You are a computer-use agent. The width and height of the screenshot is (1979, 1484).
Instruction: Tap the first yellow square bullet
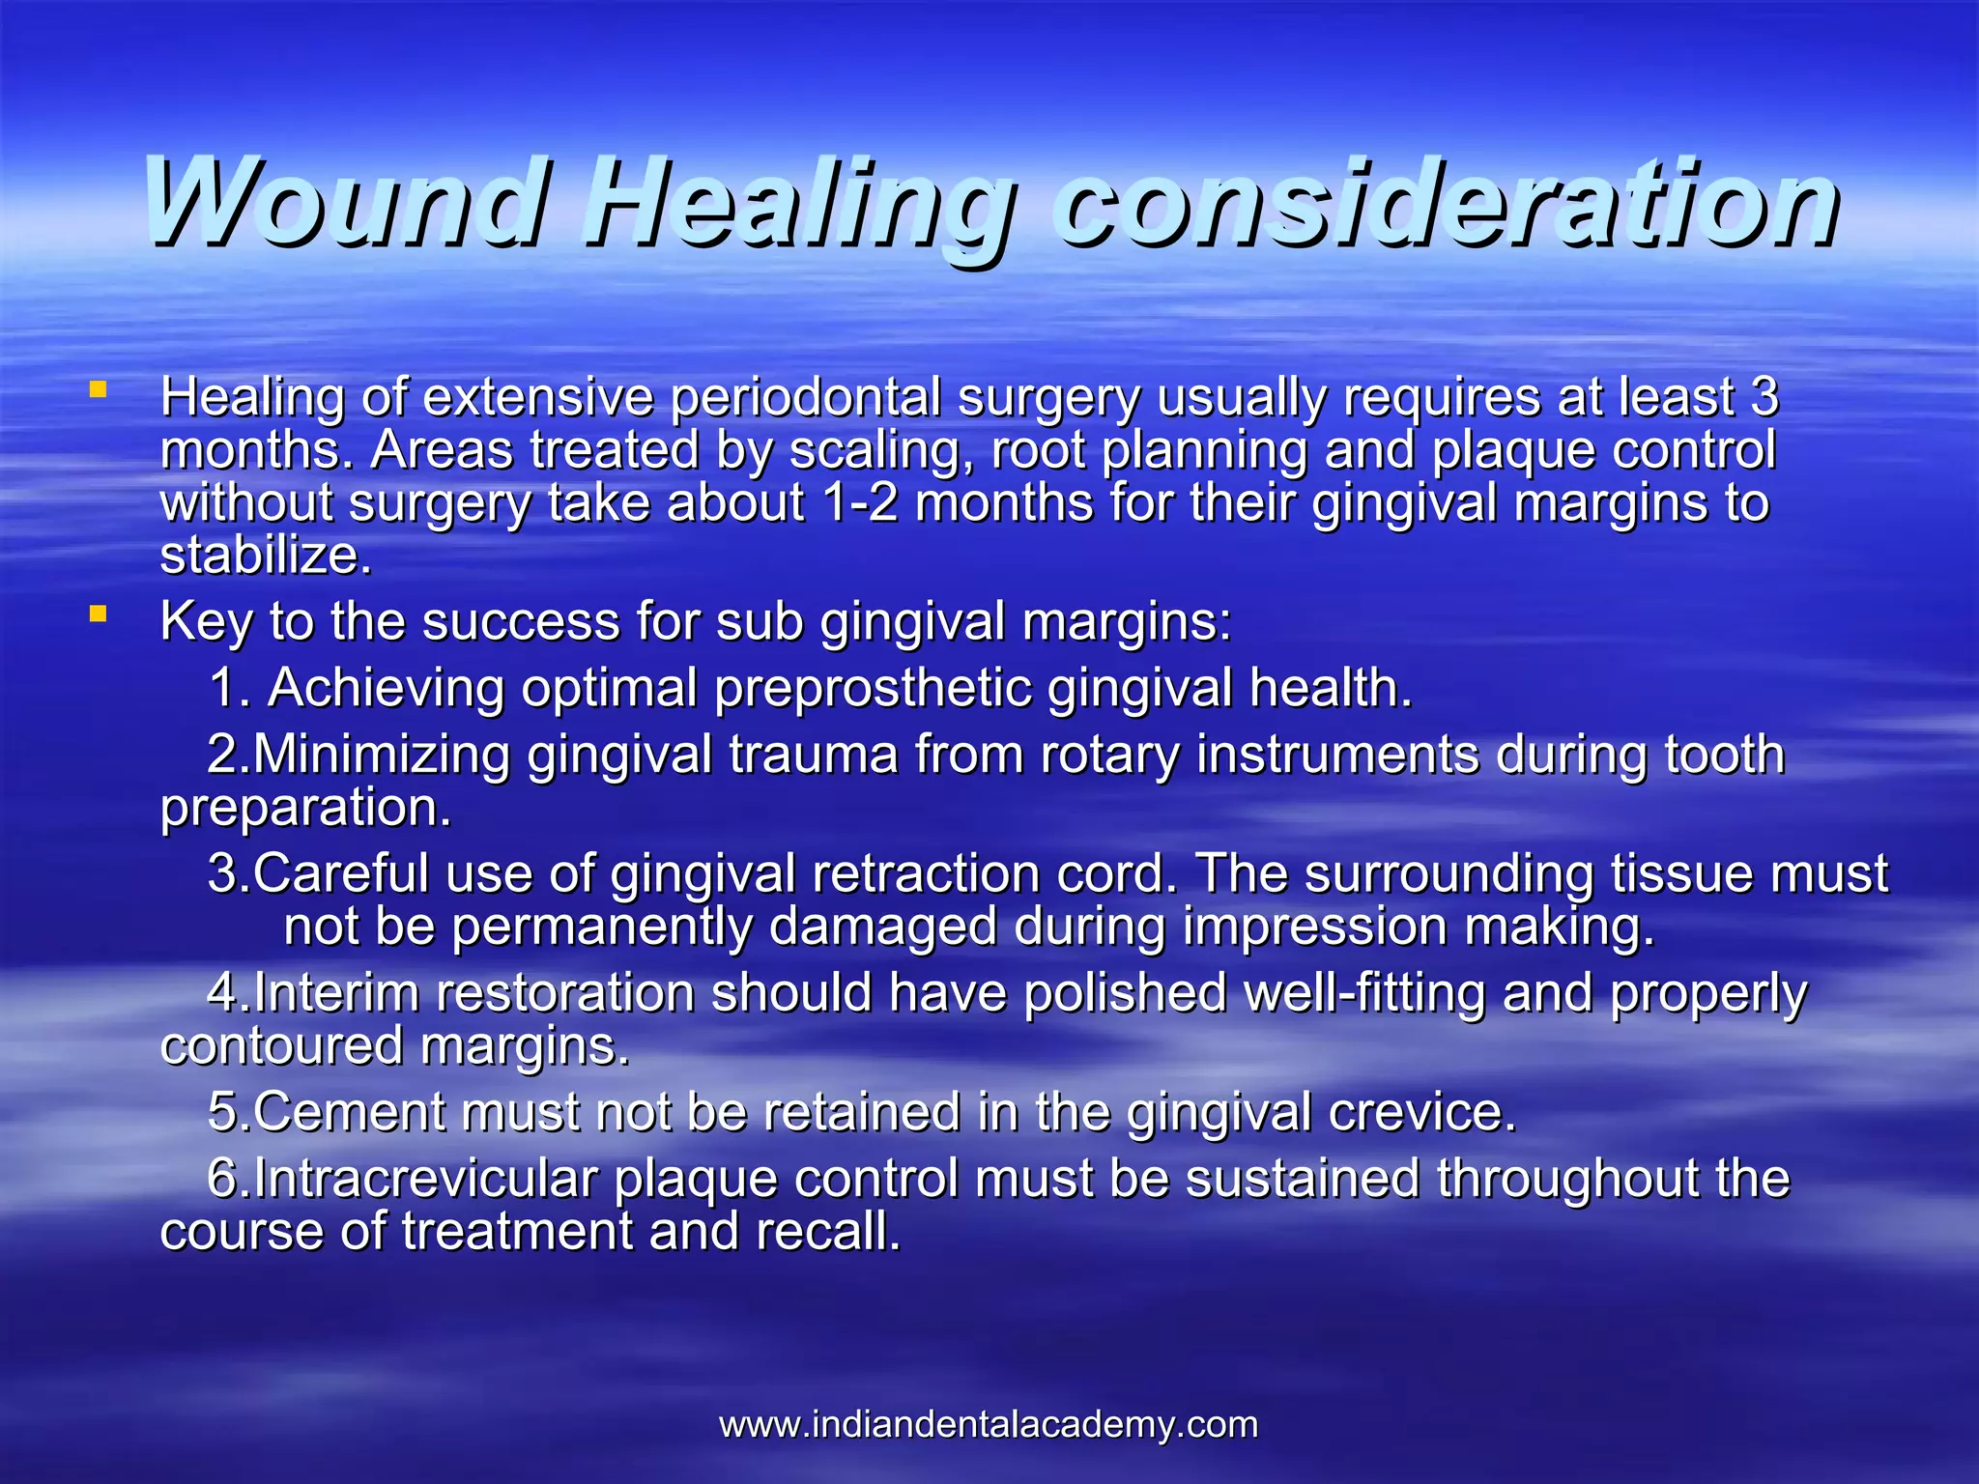(x=97, y=390)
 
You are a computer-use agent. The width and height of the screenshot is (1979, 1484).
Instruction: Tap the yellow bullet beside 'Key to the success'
(x=97, y=614)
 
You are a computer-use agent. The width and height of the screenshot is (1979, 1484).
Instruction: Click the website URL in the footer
(x=989, y=1424)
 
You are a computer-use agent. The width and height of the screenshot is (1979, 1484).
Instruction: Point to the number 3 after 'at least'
(x=1764, y=396)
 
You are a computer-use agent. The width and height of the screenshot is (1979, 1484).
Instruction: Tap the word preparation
(x=304, y=809)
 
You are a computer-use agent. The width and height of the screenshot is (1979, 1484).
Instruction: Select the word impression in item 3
(x=1314, y=927)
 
